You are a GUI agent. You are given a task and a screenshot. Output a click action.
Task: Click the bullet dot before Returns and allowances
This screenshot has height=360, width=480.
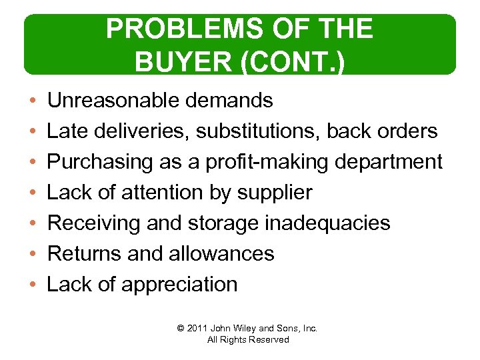coord(32,254)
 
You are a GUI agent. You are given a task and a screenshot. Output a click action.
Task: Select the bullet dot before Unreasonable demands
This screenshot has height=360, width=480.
coord(32,101)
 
